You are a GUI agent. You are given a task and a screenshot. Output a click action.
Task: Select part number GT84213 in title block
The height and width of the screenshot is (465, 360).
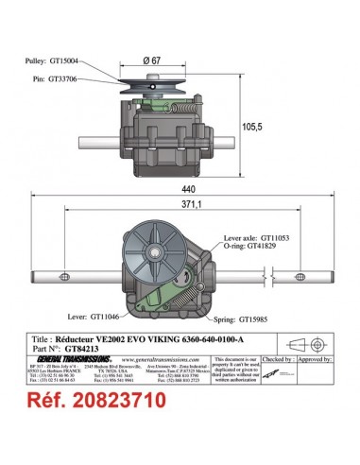click(121, 346)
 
